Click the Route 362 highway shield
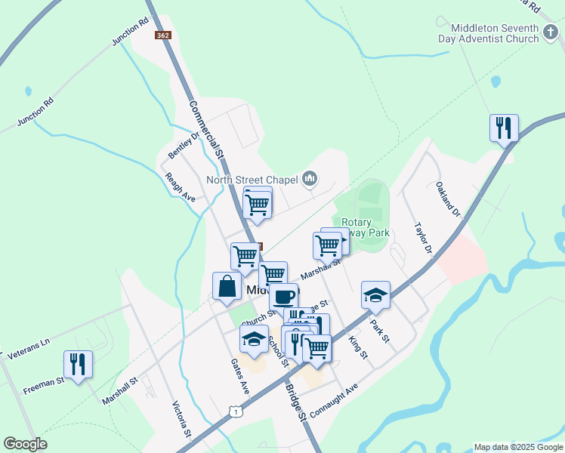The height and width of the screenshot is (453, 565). (162, 35)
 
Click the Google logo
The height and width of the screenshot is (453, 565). (25, 444)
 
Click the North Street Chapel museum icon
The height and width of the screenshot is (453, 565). (309, 179)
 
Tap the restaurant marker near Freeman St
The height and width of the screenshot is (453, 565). (78, 365)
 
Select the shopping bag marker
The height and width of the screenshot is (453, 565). (227, 286)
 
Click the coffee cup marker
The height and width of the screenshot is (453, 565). (283, 296)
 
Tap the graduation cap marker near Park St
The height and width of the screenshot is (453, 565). (375, 295)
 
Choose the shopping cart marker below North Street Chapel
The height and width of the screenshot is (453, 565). (258, 203)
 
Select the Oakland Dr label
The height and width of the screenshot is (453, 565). (447, 199)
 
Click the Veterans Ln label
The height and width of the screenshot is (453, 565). (27, 347)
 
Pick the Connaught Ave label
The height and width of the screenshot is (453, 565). (333, 401)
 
